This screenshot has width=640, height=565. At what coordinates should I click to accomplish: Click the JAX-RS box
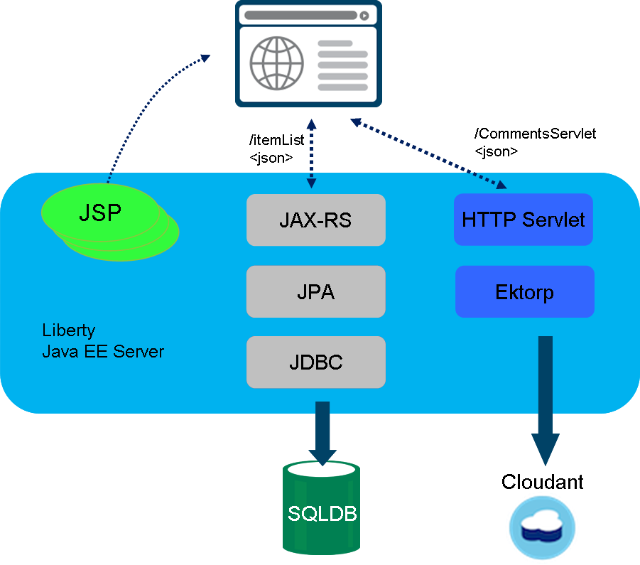point(315,220)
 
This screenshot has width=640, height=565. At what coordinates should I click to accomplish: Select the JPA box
point(315,291)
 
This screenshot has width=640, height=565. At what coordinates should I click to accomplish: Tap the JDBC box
point(315,362)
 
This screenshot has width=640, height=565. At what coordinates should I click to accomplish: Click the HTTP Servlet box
point(523,220)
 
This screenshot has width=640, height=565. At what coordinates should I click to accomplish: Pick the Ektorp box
point(524,291)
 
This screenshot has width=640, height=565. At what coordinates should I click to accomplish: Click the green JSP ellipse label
point(99,212)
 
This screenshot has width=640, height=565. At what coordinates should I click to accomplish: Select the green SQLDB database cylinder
point(322,512)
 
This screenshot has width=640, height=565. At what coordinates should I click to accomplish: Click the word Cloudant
point(542,482)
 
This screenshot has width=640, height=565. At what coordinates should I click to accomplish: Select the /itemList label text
point(277,141)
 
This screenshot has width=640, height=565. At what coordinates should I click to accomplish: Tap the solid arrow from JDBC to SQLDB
point(322,430)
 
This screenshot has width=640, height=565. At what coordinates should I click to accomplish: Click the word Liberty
point(68,330)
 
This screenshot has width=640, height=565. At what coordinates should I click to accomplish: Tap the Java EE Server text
point(103,351)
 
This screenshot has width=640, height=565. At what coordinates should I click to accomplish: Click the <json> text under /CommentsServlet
point(496,151)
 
